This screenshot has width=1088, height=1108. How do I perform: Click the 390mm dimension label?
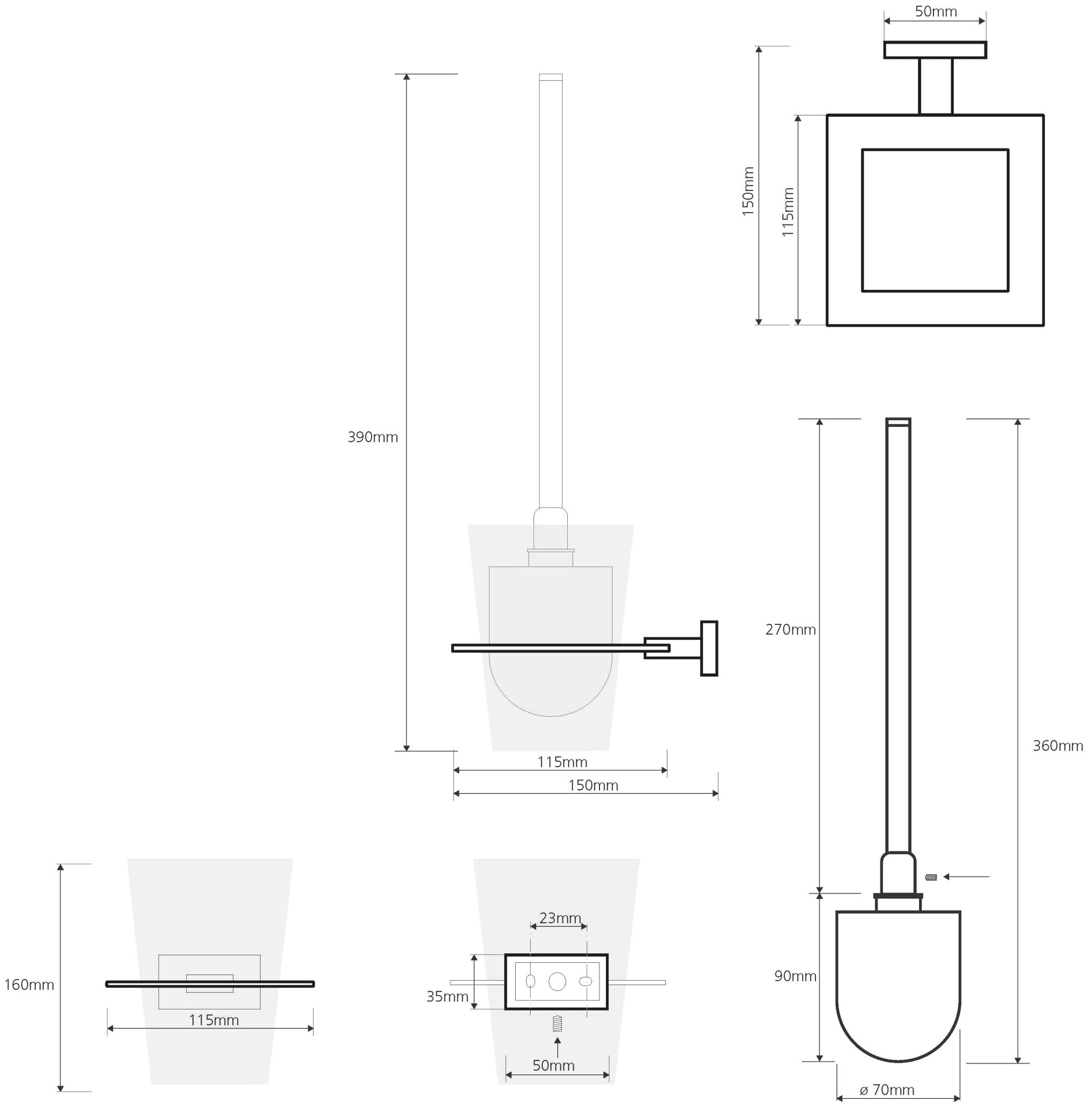pyautogui.click(x=373, y=438)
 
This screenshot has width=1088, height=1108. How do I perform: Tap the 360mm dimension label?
pyautogui.click(x=1058, y=746)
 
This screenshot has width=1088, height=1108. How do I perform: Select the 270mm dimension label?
pyautogui.click(x=791, y=630)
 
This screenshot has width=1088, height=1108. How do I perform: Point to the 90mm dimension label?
pyautogui.click(x=795, y=976)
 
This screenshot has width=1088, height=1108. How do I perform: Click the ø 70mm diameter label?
pyautogui.click(x=887, y=1090)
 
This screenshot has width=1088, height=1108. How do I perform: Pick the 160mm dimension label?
pyautogui.click(x=29, y=984)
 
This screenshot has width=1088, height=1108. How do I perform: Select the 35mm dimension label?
pyautogui.click(x=447, y=997)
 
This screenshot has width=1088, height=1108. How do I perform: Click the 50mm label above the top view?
pyautogui.click(x=936, y=12)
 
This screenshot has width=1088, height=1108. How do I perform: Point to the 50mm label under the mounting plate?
pyautogui.click(x=553, y=1065)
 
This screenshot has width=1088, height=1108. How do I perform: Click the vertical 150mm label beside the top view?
pyautogui.click(x=748, y=191)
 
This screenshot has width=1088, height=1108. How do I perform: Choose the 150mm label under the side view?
pyautogui.click(x=593, y=785)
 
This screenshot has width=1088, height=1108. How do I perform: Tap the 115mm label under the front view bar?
pyautogui.click(x=214, y=1020)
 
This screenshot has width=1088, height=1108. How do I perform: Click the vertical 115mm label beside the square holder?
pyautogui.click(x=787, y=212)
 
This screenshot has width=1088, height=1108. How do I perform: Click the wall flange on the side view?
pyautogui.click(x=709, y=649)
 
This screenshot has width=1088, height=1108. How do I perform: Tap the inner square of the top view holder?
pyautogui.click(x=935, y=220)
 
